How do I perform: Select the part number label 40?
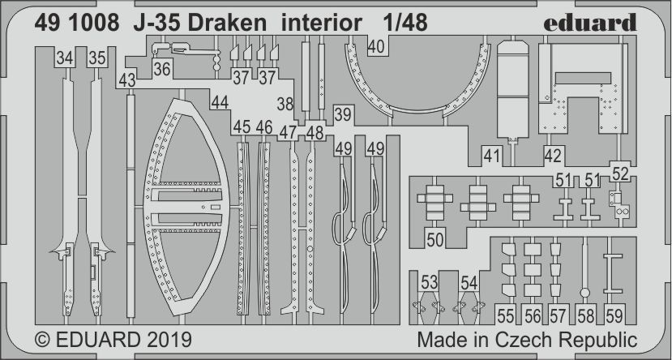click(x=376, y=48)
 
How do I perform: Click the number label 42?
click(x=553, y=156)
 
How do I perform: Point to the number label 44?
click(x=219, y=103)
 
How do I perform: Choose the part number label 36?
click(x=161, y=71)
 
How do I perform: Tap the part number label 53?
click(x=429, y=283)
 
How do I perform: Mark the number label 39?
click(x=343, y=114)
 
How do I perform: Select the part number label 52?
click(x=620, y=173)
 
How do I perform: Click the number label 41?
click(x=492, y=156)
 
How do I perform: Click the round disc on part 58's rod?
click(x=584, y=293)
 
